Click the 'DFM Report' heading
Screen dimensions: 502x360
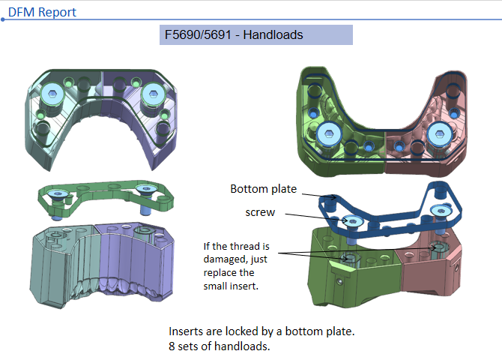coord(42,12)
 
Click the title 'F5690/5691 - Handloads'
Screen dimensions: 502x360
coord(234,34)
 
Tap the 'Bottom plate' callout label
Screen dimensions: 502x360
coord(264,189)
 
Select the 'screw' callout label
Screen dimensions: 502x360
coord(260,212)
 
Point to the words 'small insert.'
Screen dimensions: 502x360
coord(231,286)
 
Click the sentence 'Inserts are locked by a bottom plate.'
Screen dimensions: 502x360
coord(261,331)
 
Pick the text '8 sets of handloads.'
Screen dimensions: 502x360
coord(220,346)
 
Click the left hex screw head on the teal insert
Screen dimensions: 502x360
coord(52,94)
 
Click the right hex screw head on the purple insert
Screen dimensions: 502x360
coord(153,94)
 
